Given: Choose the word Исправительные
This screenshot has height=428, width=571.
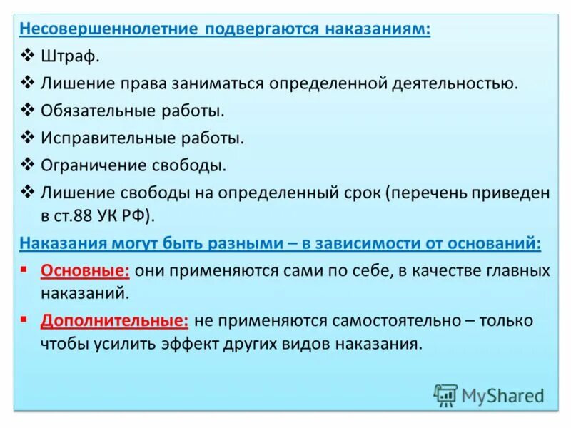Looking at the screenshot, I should pyautogui.click(x=103, y=138).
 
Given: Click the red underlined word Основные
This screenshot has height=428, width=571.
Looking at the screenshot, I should pyautogui.click(x=84, y=271).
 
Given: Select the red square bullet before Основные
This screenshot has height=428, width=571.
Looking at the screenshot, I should pyautogui.click(x=25, y=270).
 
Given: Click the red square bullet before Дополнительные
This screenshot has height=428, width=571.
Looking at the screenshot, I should pyautogui.click(x=25, y=320).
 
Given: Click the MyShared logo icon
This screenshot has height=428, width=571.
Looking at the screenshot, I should pyautogui.click(x=445, y=394).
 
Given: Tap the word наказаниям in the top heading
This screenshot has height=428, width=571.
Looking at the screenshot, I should pyautogui.click(x=378, y=30).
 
